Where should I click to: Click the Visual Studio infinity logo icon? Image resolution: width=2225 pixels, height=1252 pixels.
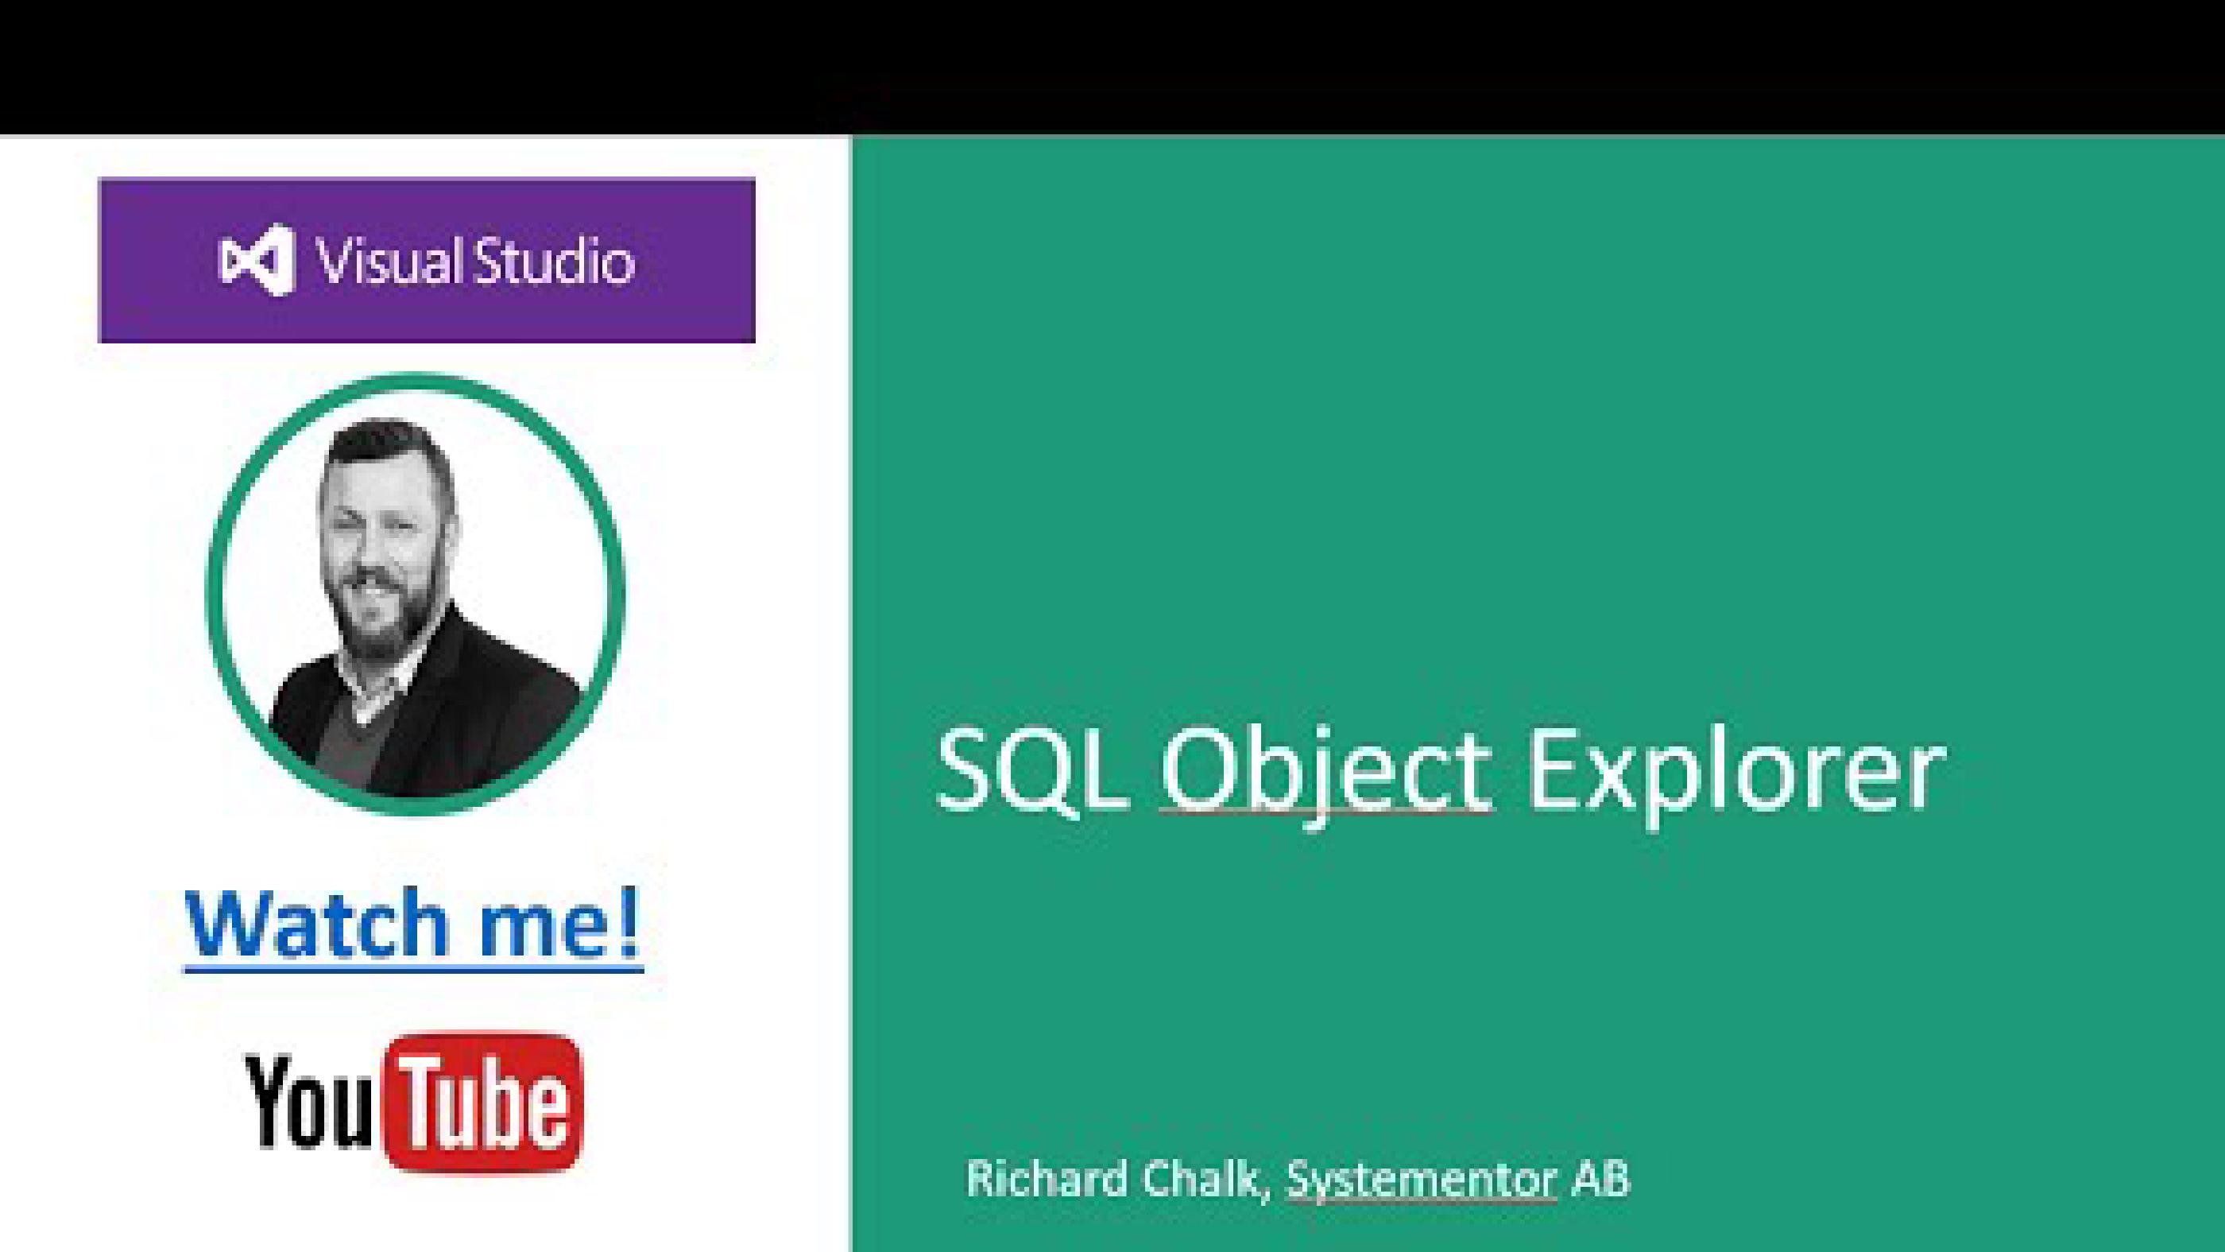pos(257,260)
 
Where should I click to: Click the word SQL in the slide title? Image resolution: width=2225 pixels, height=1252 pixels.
pos(1032,771)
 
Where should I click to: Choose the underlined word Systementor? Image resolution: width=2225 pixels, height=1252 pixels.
pos(1421,1180)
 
